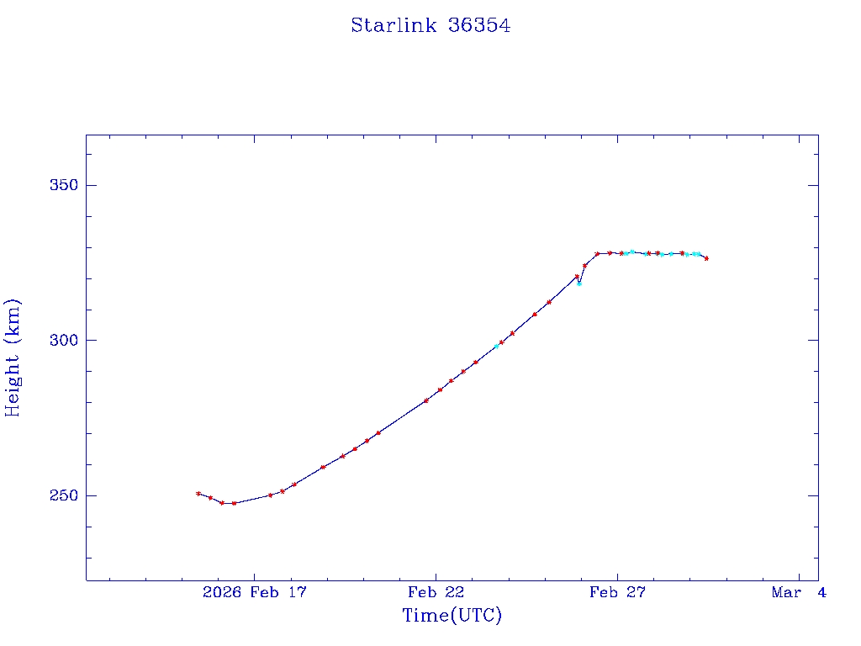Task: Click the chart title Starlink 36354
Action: (430, 25)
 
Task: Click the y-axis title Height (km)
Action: (13, 357)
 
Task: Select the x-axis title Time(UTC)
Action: (452, 616)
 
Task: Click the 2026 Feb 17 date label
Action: (255, 593)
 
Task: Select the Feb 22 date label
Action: (436, 593)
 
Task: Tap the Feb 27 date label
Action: (617, 593)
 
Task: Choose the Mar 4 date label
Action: (799, 593)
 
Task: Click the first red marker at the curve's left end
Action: (198, 494)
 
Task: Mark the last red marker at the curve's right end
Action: (706, 258)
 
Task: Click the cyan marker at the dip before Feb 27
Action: (578, 283)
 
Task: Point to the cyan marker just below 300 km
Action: (496, 346)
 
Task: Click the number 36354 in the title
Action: (479, 25)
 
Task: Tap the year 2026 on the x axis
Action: (222, 593)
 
